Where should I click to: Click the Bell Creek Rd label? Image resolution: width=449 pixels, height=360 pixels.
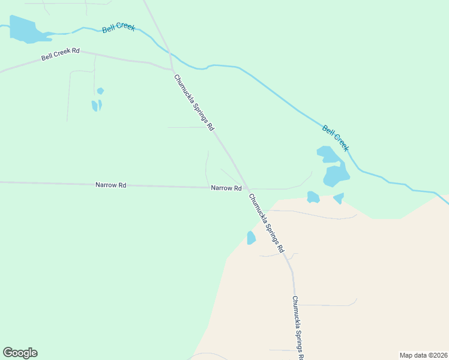[x=61, y=55]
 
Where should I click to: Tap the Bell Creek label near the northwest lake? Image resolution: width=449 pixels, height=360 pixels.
[x=118, y=28]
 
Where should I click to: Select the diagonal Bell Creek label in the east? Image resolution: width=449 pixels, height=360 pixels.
[x=336, y=138]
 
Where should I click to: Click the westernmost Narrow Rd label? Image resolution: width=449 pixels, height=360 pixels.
[x=110, y=185]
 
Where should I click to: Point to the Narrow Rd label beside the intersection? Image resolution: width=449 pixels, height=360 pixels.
[x=226, y=188]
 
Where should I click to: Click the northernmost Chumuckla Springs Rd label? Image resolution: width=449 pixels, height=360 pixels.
[x=194, y=103]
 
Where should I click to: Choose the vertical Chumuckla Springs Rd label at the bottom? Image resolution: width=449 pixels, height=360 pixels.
[x=298, y=328]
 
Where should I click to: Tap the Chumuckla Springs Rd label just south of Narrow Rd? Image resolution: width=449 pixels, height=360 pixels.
[x=266, y=223]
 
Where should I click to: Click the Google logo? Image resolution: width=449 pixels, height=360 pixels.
[x=20, y=353]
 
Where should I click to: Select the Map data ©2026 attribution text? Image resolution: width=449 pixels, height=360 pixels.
[x=423, y=355]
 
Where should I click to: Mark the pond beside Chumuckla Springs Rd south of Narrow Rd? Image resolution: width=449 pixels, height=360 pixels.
[x=251, y=238]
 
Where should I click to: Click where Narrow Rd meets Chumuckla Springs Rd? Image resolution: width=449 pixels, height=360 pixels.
[x=247, y=188]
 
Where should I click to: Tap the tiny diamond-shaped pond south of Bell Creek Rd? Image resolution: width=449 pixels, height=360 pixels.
[x=100, y=91]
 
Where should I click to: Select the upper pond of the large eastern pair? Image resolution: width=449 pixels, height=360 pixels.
[x=328, y=155]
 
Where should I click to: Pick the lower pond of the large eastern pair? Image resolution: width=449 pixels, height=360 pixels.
[x=336, y=175]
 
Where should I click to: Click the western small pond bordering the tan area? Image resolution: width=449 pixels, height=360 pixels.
[x=313, y=197]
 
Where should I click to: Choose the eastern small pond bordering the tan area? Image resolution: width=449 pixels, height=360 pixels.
[x=339, y=197]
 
